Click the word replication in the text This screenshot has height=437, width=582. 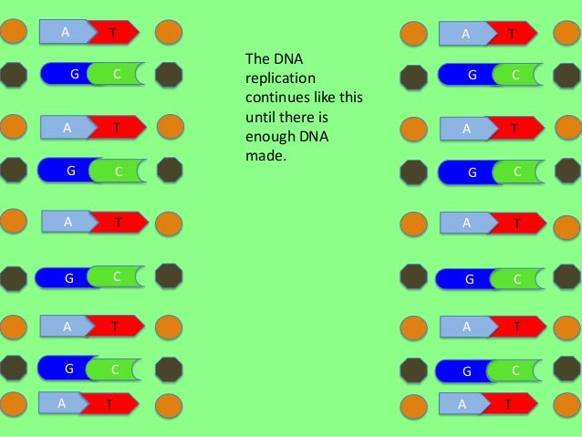point(280,78)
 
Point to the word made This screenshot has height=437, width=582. point(265,156)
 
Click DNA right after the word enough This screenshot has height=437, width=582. point(314,136)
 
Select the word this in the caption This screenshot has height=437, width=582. point(350,98)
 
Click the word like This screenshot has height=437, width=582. point(324,98)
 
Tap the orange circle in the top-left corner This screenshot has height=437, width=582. point(14,31)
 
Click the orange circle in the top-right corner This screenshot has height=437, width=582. point(567,33)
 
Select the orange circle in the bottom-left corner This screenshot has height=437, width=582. point(14,404)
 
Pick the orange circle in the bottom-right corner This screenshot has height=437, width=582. point(567,405)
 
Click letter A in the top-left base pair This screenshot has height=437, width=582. point(66,32)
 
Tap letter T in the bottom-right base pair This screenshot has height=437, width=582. point(508,403)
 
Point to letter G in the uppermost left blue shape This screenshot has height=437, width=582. point(75,74)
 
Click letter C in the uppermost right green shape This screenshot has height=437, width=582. point(515,75)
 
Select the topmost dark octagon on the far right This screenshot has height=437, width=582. point(567,76)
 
